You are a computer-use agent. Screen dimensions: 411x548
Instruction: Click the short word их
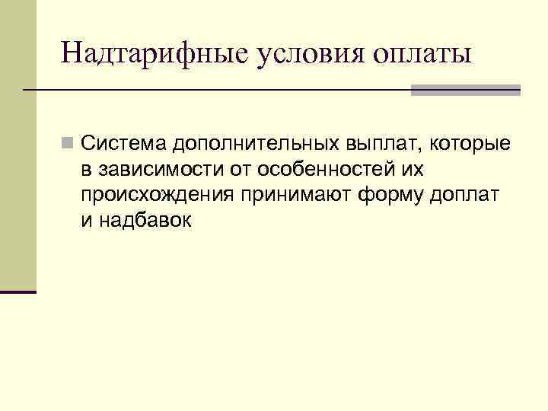[425, 170]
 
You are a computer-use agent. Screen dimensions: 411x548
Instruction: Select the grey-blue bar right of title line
[465, 90]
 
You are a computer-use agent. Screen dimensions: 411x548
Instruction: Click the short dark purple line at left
[18, 292]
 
